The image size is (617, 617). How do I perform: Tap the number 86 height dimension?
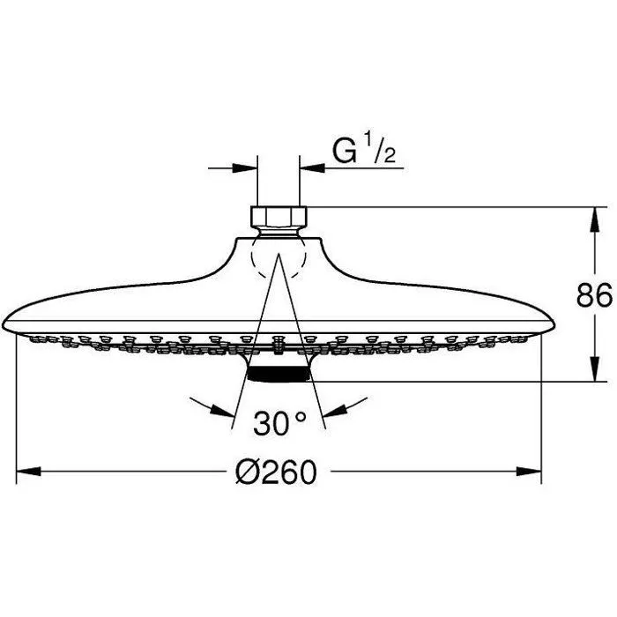pyautogui.click(x=595, y=297)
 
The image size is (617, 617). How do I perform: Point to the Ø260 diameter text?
pyautogui.click(x=277, y=474)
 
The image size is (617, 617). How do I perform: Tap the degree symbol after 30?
pyautogui.click(x=301, y=417)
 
